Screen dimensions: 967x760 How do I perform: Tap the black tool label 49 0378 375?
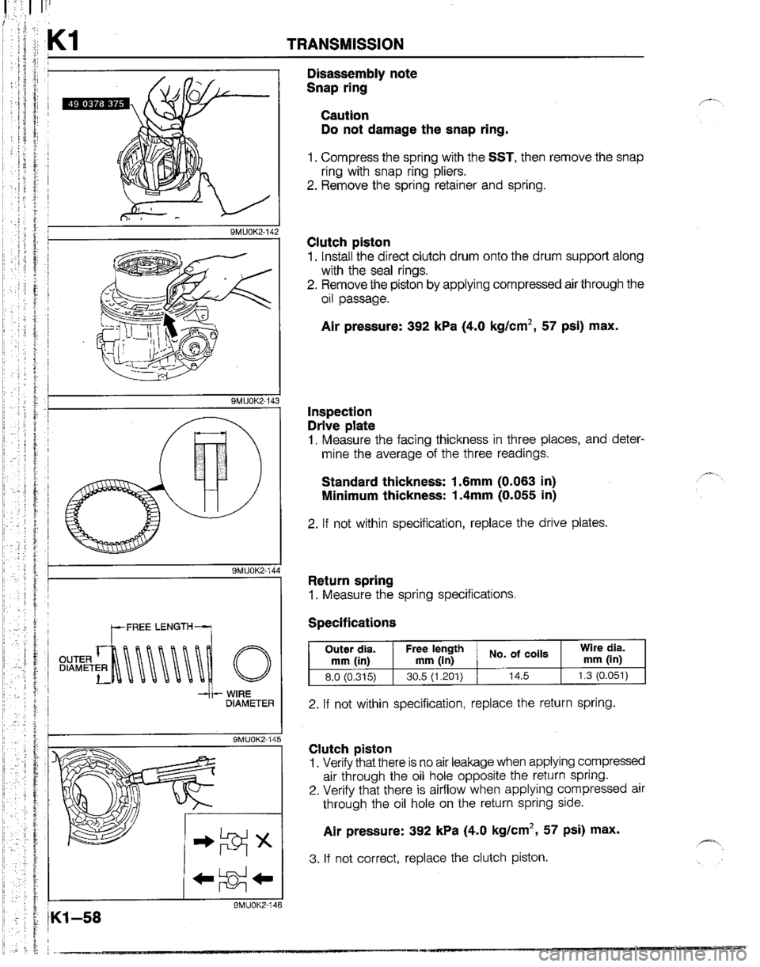point(91,110)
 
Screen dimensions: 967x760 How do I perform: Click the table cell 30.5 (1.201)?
point(435,675)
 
